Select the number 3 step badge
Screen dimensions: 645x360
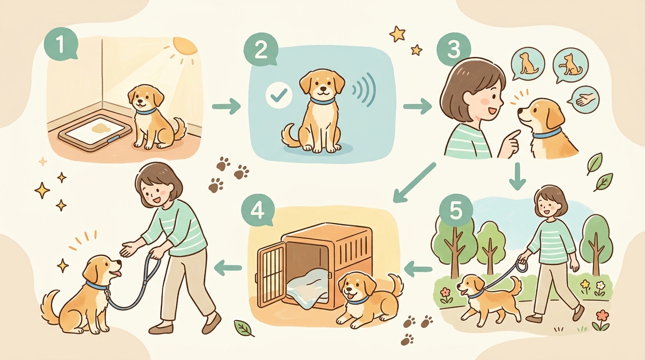pyautogui.click(x=454, y=48)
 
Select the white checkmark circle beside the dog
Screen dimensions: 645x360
pyautogui.click(x=279, y=95)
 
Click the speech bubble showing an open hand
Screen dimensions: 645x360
pyautogui.click(x=585, y=99)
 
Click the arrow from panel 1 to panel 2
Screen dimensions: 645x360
pyautogui.click(x=226, y=106)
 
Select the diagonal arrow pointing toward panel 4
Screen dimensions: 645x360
pyautogui.click(x=414, y=182)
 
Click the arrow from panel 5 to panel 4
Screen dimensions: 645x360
pyautogui.click(x=418, y=269)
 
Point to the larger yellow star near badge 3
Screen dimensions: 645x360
pyautogui.click(x=397, y=34)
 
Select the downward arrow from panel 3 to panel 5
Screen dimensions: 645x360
pyautogui.click(x=517, y=176)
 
